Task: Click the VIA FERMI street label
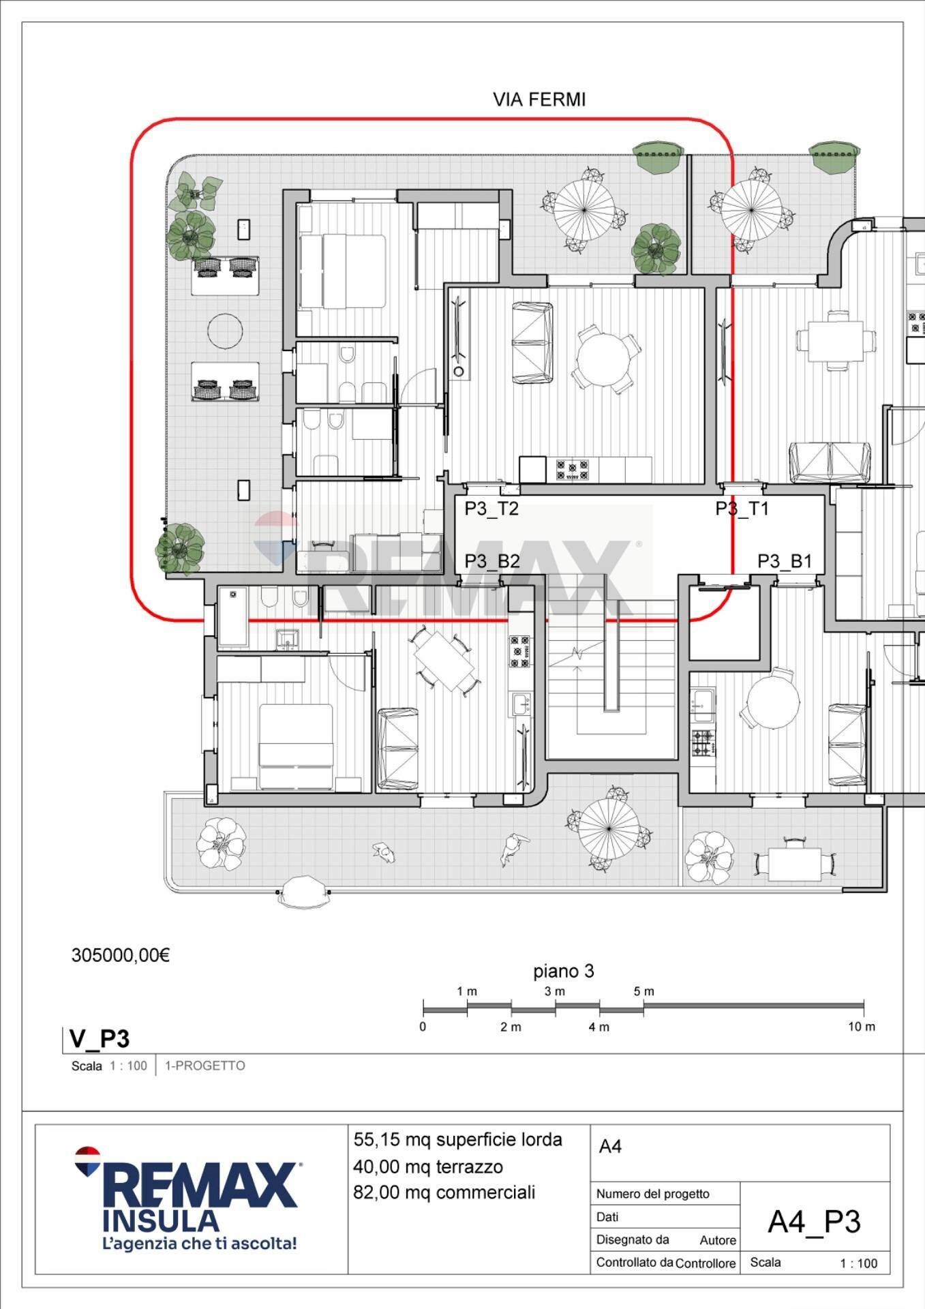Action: [x=539, y=100]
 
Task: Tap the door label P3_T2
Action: [x=491, y=509]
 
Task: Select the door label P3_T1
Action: [x=742, y=509]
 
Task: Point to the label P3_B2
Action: [x=491, y=561]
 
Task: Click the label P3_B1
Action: [x=785, y=561]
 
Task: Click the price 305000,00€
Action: [x=121, y=955]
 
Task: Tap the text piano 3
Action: [x=563, y=971]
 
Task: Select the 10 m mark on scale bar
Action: [x=862, y=1027]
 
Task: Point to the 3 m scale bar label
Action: [x=554, y=991]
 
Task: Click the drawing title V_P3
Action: [x=100, y=1039]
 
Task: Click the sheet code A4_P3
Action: [x=814, y=1222]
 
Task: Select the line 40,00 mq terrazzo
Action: [x=427, y=1167]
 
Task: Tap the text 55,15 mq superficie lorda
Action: [x=457, y=1140]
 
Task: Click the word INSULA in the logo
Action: [x=161, y=1220]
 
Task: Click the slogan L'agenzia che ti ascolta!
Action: [x=199, y=1244]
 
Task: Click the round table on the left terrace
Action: [x=224, y=331]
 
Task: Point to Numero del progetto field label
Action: [x=652, y=1194]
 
